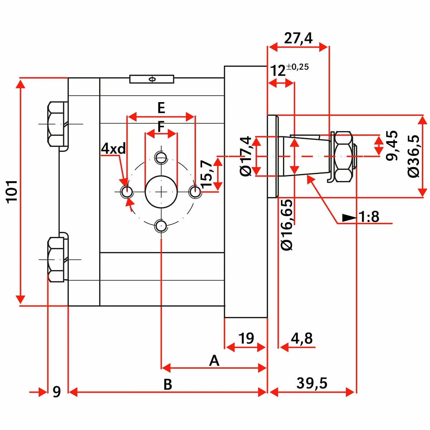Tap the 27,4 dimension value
click(x=298, y=38)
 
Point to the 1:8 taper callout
click(x=369, y=217)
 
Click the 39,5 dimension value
click(x=312, y=383)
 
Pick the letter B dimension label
click(x=168, y=384)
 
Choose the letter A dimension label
click(x=214, y=360)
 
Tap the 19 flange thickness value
click(x=246, y=338)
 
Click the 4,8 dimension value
click(x=302, y=338)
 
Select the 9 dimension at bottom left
click(x=57, y=392)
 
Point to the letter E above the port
click(x=161, y=107)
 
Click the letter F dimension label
click(x=161, y=126)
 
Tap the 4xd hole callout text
click(x=114, y=148)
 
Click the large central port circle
click(x=161, y=192)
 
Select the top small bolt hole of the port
click(x=161, y=157)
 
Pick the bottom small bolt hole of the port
click(x=161, y=226)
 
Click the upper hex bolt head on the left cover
click(x=56, y=124)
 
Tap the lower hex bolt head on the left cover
click(x=56, y=259)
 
